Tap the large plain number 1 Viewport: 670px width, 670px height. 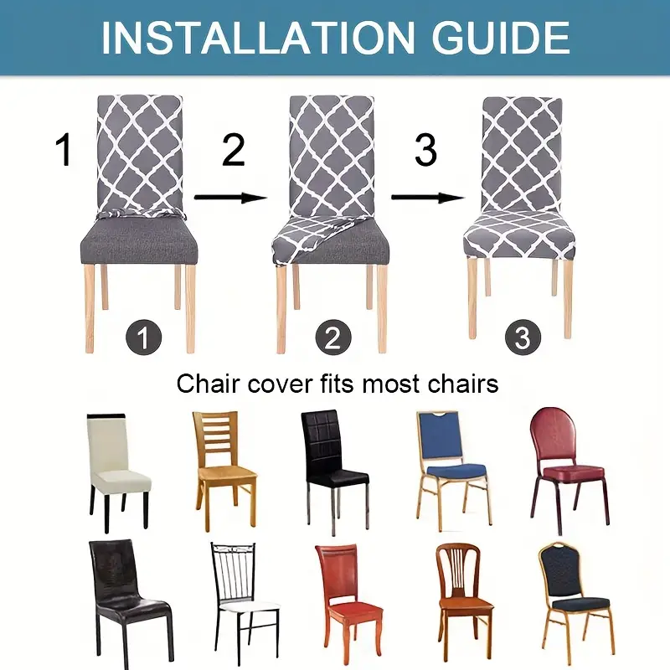coord(64,151)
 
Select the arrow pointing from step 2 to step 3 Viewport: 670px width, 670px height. coord(427,198)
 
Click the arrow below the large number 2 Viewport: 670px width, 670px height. coord(230,198)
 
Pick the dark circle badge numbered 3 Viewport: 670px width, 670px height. coord(523,338)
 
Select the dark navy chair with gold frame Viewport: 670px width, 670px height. coord(575,595)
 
